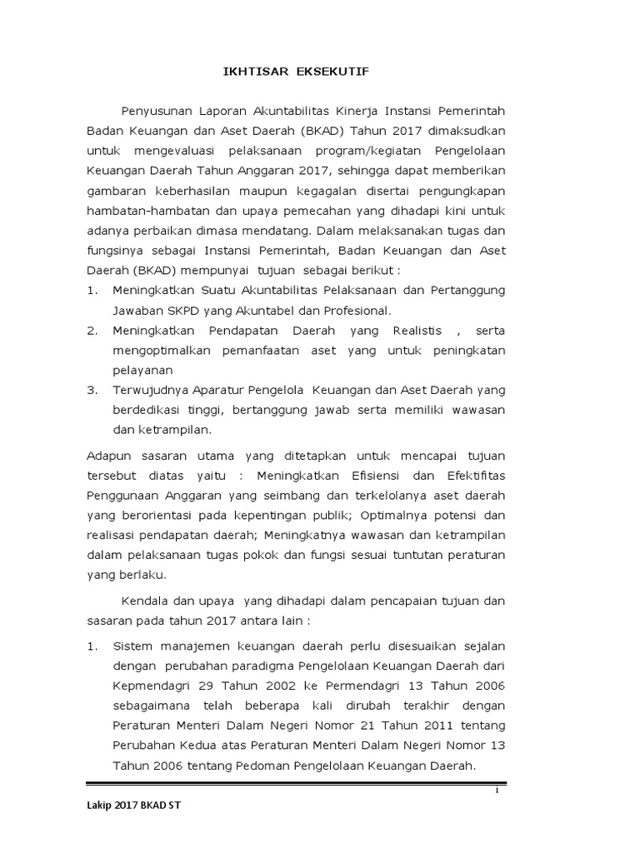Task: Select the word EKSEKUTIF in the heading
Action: [x=332, y=72]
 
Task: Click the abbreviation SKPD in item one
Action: [x=182, y=311]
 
